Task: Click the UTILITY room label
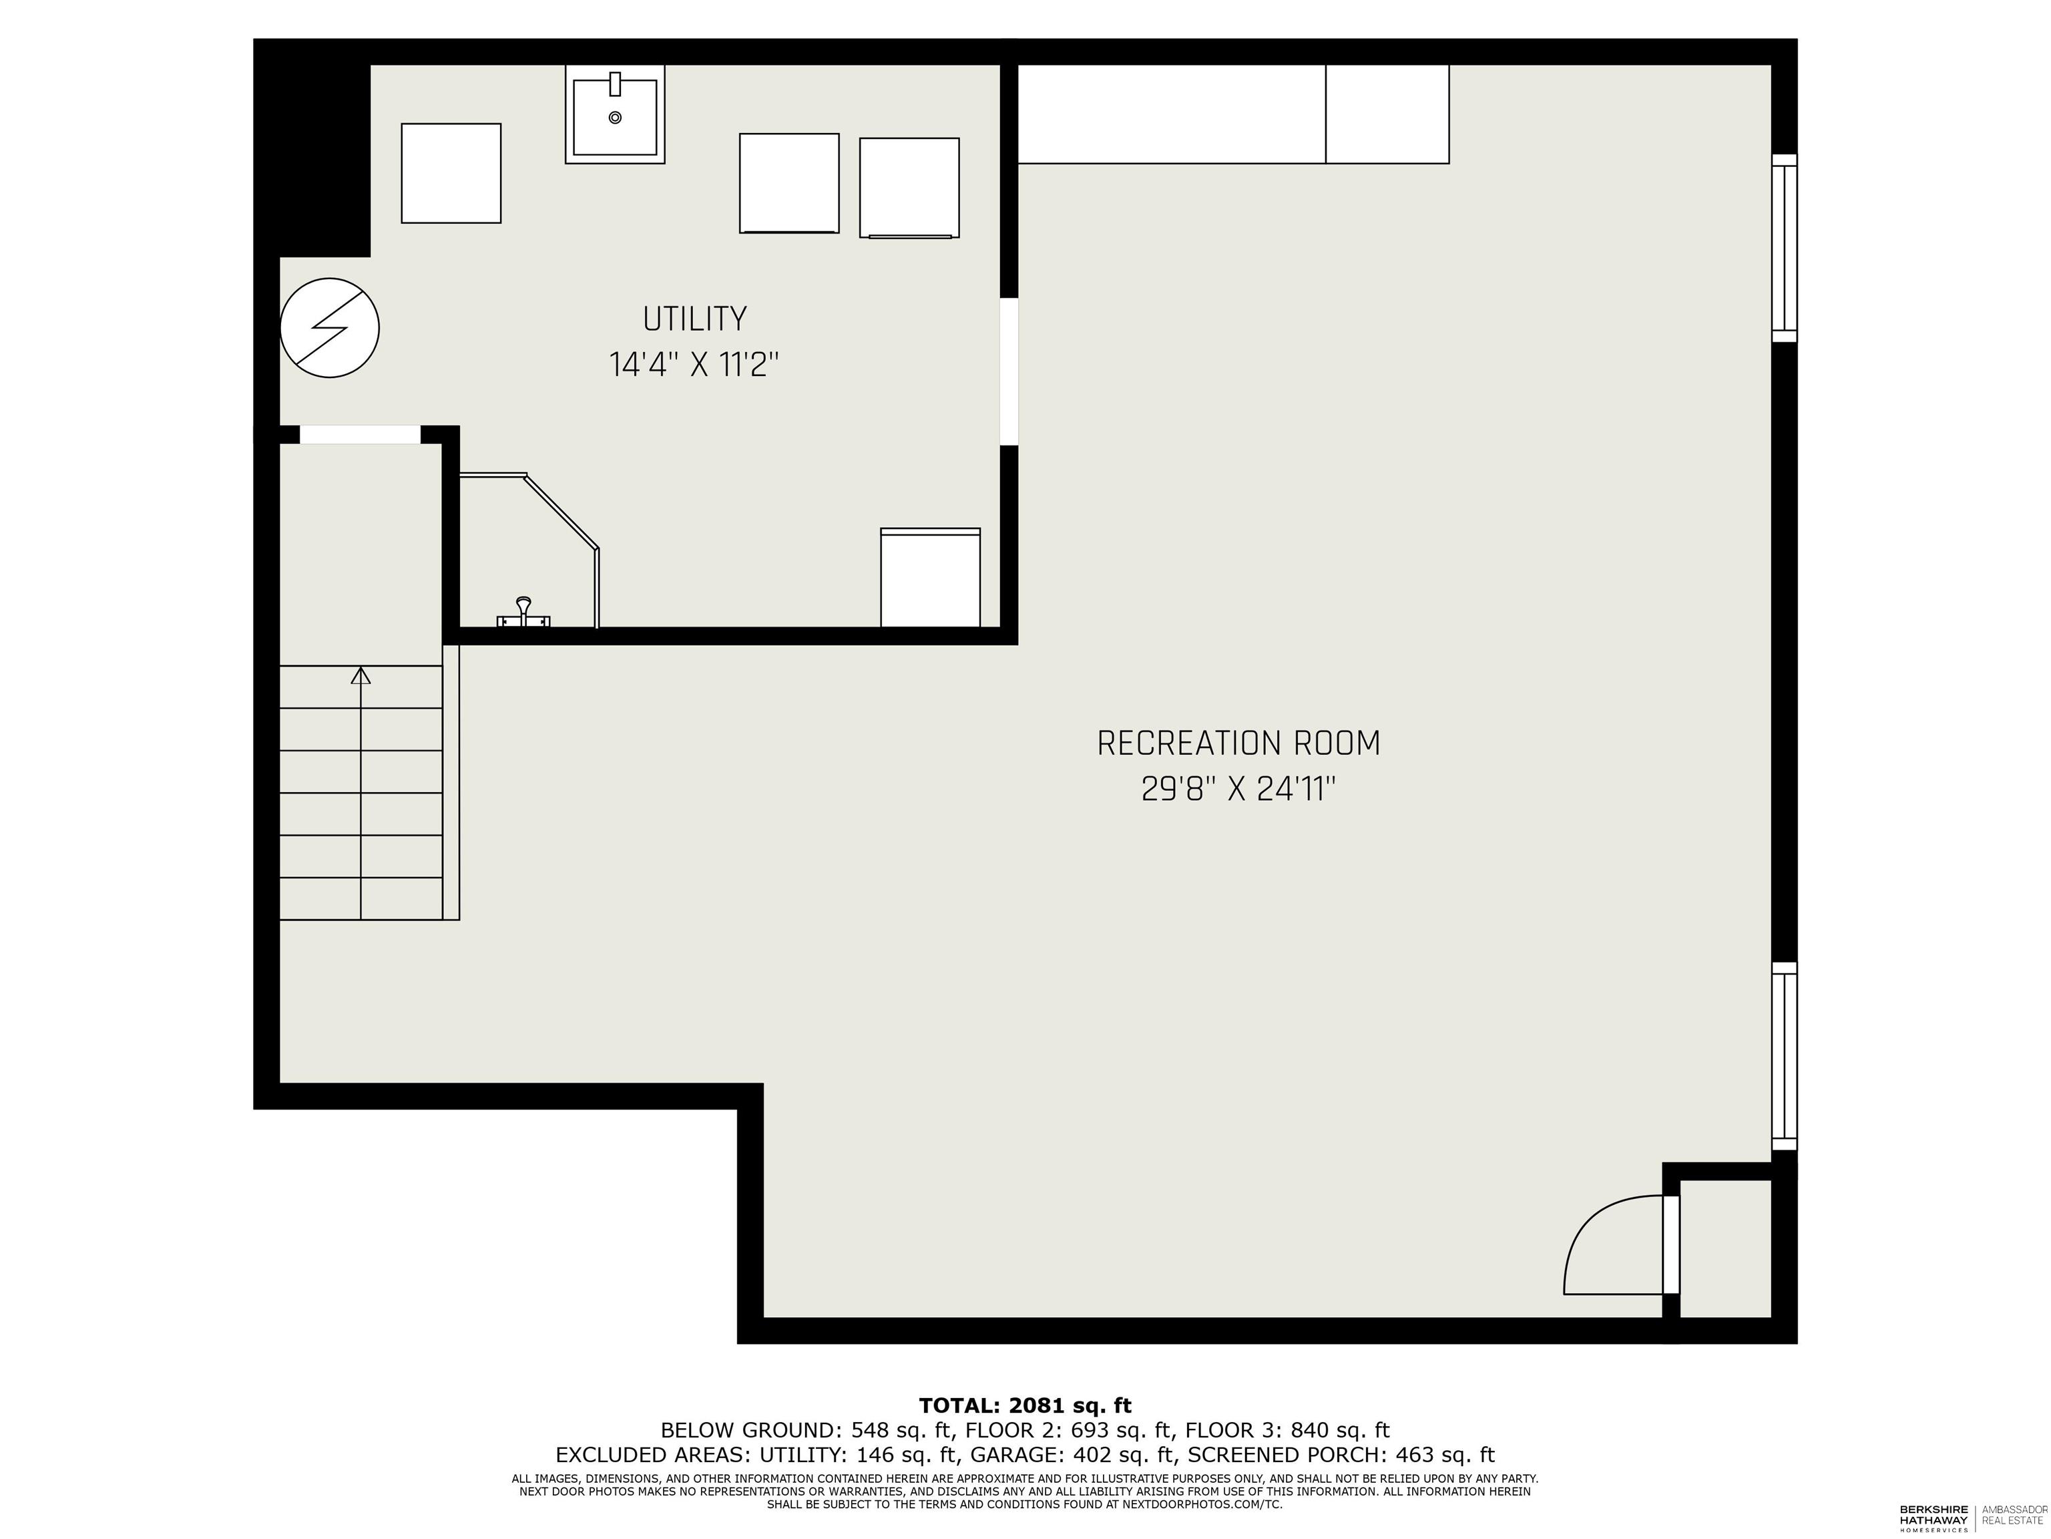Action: (x=694, y=319)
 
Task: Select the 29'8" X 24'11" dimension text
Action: (x=1238, y=790)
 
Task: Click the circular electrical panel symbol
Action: (x=329, y=327)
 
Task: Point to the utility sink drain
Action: (x=615, y=118)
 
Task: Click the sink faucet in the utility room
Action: (x=615, y=83)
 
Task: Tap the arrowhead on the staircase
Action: (x=361, y=675)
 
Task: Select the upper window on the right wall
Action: (x=1784, y=248)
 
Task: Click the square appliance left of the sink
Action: (x=451, y=174)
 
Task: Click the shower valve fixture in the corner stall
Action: (x=524, y=613)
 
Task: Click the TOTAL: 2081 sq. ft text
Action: (x=1025, y=1405)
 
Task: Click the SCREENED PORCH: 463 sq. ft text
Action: (x=1341, y=1455)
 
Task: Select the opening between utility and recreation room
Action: (x=1009, y=371)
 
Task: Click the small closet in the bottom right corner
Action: (x=1725, y=1248)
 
